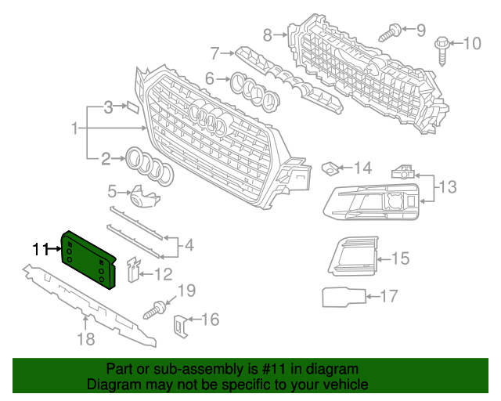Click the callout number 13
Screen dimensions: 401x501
[447, 186]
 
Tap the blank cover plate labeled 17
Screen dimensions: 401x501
[343, 297]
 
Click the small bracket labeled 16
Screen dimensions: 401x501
[181, 323]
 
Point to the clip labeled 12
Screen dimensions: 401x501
[133, 271]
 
